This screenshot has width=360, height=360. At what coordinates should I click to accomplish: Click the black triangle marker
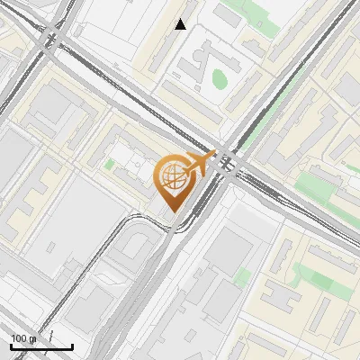tap(181, 24)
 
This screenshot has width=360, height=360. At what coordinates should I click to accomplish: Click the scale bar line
tap(41, 346)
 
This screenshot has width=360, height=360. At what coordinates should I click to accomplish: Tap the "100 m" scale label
tap(23, 338)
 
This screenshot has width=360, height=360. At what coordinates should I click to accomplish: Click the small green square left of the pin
tap(109, 165)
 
